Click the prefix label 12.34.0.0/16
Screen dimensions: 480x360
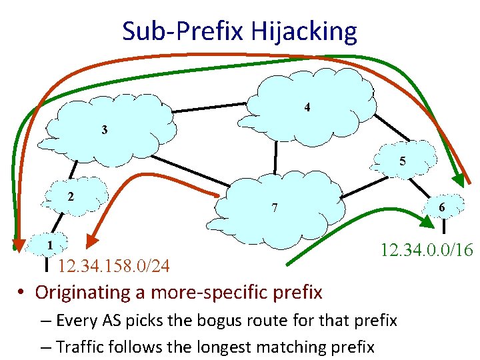[x=427, y=250]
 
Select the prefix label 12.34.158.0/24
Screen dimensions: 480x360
[x=113, y=267]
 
